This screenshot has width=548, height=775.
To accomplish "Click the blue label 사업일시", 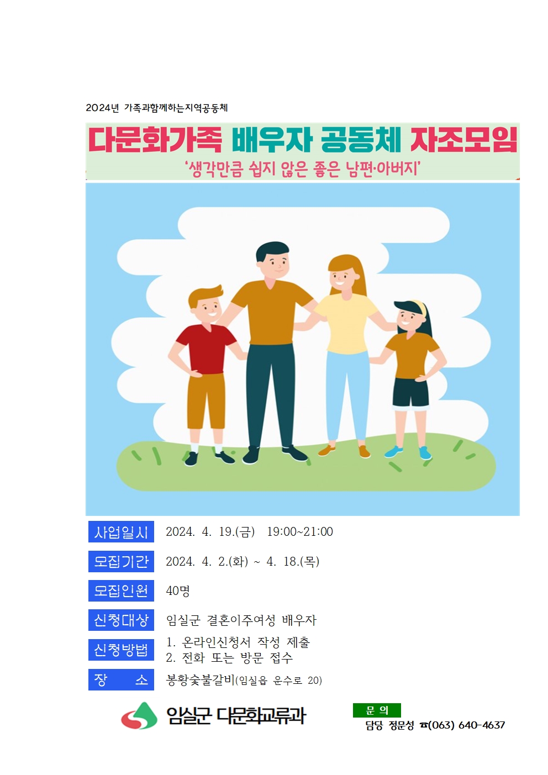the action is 121,532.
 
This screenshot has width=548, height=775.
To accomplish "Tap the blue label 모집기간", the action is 121,561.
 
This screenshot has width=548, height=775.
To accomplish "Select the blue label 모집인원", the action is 121,591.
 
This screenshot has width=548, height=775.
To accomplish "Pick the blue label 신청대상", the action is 121,620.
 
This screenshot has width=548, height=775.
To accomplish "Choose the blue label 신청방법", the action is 121,650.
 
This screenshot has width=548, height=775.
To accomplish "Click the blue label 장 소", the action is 121,680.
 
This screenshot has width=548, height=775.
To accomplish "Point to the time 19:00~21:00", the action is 300,532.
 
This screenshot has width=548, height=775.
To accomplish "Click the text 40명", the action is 178,591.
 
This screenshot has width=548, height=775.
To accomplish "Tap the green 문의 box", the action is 377,710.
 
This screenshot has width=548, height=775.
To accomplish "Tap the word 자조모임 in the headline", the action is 463,140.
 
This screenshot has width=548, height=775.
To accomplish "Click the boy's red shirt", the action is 205,350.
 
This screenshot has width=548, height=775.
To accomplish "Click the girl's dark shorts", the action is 410,392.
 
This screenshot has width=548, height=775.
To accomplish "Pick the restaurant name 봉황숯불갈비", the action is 201,680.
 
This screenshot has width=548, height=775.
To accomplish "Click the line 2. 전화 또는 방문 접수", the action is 229,657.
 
